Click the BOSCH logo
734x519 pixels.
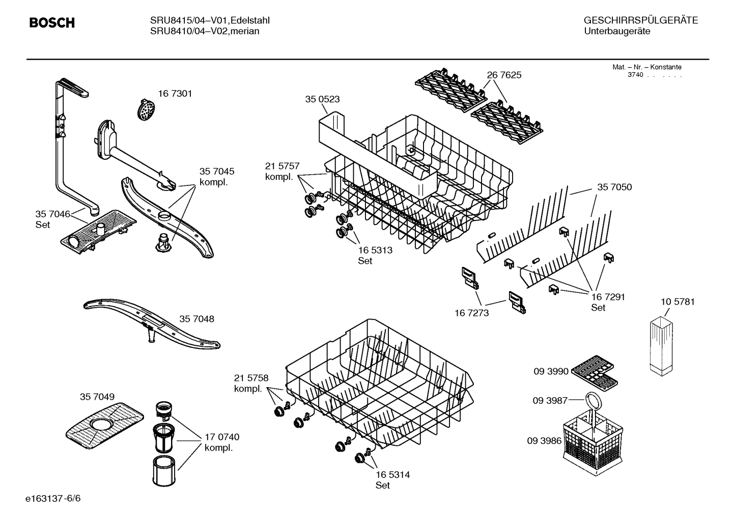click(x=52, y=23)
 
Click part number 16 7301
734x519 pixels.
click(x=175, y=94)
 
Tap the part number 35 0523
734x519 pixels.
click(x=322, y=99)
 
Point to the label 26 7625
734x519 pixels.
click(x=504, y=75)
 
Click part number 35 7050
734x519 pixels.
click(x=614, y=187)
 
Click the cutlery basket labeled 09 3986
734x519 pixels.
click(x=591, y=440)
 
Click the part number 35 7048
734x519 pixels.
click(x=196, y=319)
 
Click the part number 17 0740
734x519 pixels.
click(x=222, y=437)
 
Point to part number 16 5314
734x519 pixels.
click(x=392, y=475)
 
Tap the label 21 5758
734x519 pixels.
click(x=251, y=378)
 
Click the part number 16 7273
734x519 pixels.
click(x=471, y=313)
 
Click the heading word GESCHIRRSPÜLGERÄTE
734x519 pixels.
click(x=640, y=21)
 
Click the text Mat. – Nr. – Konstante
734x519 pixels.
click(x=646, y=67)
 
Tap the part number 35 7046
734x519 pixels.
click(x=52, y=214)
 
